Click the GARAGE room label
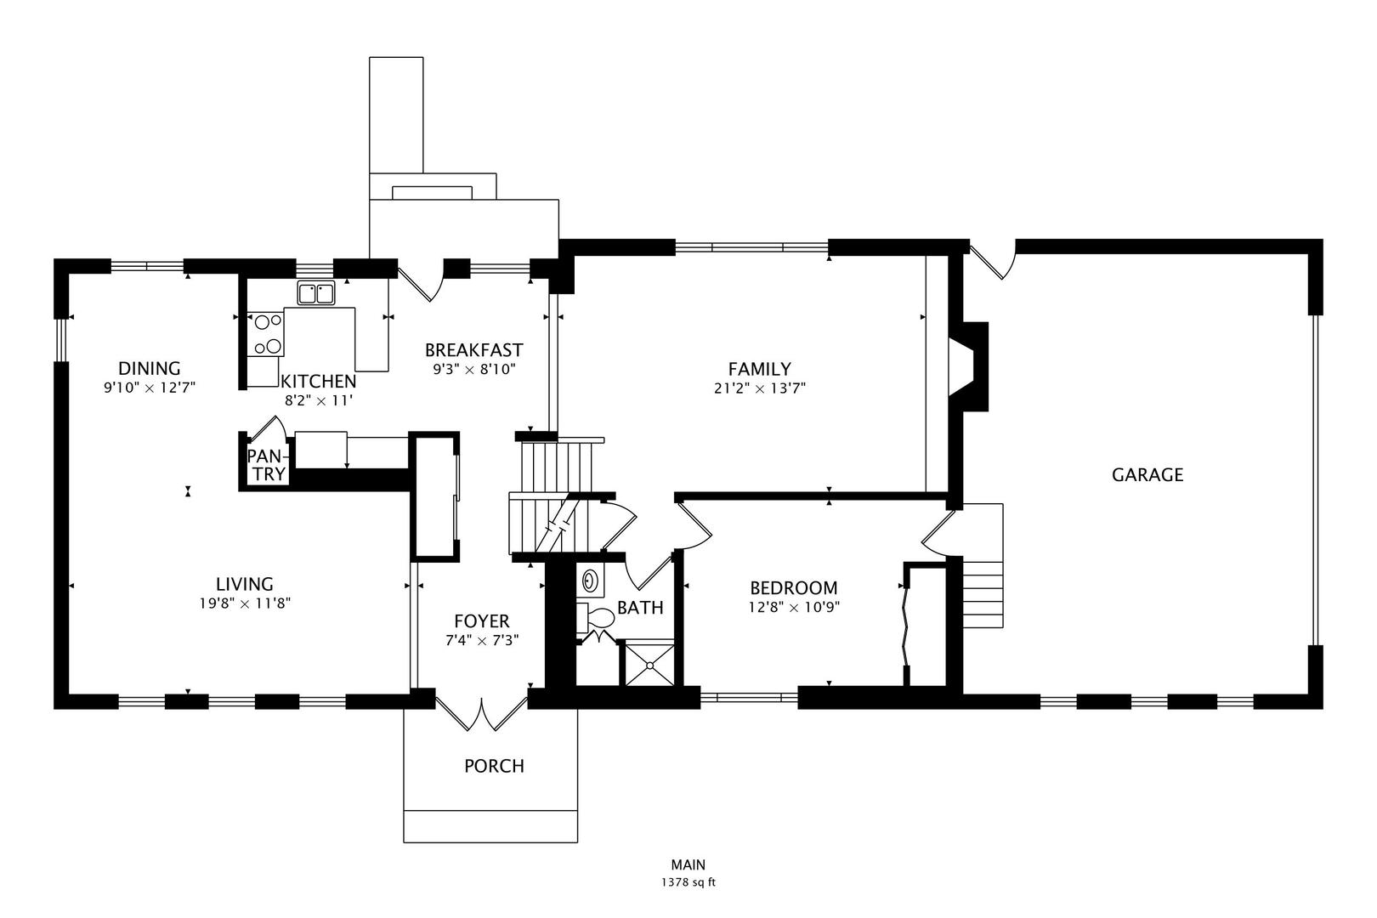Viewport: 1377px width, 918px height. click(x=1147, y=474)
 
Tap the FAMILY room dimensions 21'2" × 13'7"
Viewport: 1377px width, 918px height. click(x=760, y=388)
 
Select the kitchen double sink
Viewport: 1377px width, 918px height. click(x=316, y=293)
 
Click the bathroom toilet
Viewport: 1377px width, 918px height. click(x=595, y=618)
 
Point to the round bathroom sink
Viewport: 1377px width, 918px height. click(x=590, y=580)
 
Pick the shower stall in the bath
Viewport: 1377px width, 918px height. click(x=649, y=663)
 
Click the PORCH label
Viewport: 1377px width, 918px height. click(x=494, y=766)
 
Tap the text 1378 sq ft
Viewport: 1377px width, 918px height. click(x=688, y=882)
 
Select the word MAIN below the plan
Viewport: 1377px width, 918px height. click(x=688, y=864)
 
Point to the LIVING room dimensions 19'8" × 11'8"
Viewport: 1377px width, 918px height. click(x=245, y=603)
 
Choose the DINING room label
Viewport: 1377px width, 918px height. click(x=150, y=368)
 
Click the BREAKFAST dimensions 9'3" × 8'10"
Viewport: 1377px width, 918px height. click(x=474, y=370)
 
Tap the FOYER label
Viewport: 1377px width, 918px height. click(x=482, y=621)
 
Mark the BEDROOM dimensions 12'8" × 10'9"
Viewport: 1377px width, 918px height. click(x=794, y=608)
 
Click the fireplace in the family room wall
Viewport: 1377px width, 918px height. click(x=968, y=366)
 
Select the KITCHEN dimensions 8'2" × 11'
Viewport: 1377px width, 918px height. click(x=319, y=401)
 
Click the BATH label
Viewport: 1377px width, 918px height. click(x=640, y=608)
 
